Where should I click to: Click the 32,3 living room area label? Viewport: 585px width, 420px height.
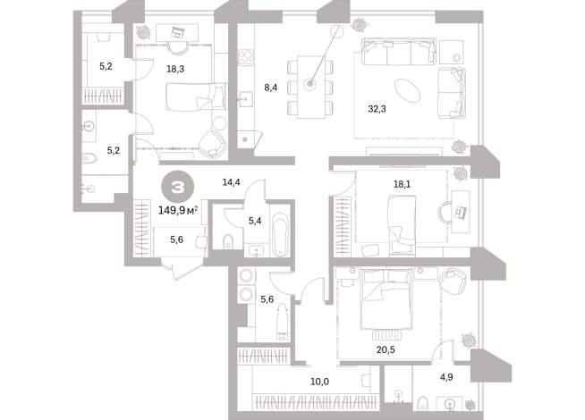pos(377,109)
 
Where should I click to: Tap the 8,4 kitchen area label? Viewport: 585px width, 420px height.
pos(270,88)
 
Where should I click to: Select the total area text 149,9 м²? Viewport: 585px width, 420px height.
pos(178,211)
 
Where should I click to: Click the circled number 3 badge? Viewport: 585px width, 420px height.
pos(178,188)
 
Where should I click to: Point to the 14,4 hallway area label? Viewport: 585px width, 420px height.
pos(231,182)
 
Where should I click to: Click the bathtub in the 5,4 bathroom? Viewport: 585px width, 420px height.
pos(280,235)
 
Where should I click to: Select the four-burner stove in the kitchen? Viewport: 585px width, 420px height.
pos(246,58)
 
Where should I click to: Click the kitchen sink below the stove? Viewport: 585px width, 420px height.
pos(245,99)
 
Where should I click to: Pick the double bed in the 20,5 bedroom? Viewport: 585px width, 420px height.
pos(386,300)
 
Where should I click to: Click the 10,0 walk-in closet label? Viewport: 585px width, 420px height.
pos(319,382)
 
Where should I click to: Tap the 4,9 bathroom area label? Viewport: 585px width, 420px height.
pos(446,377)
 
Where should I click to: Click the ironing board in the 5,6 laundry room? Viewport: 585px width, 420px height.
pos(283,321)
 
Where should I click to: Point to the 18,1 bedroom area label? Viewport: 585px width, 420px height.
pos(402,184)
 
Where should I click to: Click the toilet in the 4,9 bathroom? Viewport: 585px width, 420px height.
pos(422,404)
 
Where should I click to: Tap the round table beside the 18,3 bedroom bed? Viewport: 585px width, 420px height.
pos(219,123)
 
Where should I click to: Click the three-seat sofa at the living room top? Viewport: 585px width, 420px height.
pos(398,52)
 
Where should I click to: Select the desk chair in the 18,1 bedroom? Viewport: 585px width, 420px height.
pos(445,212)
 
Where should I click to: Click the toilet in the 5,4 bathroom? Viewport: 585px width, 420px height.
pos(228,241)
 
